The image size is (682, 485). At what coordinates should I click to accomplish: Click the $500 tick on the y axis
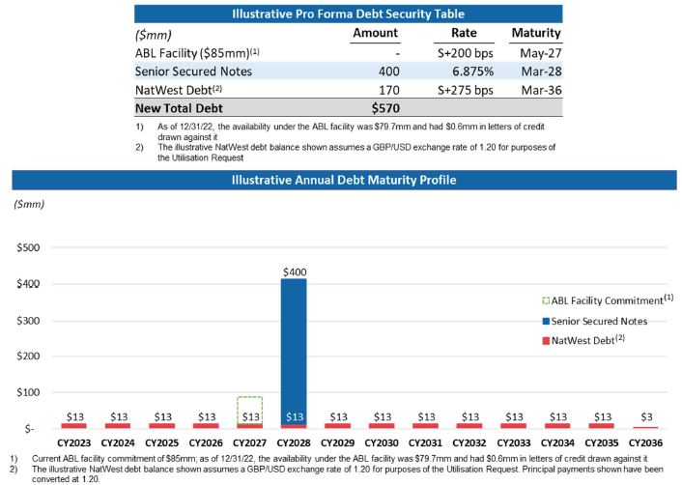(27, 247)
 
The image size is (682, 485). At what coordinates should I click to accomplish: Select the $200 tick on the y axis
(27, 357)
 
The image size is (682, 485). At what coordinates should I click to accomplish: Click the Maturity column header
(535, 33)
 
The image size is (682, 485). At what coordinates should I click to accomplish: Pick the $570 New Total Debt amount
(385, 108)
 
